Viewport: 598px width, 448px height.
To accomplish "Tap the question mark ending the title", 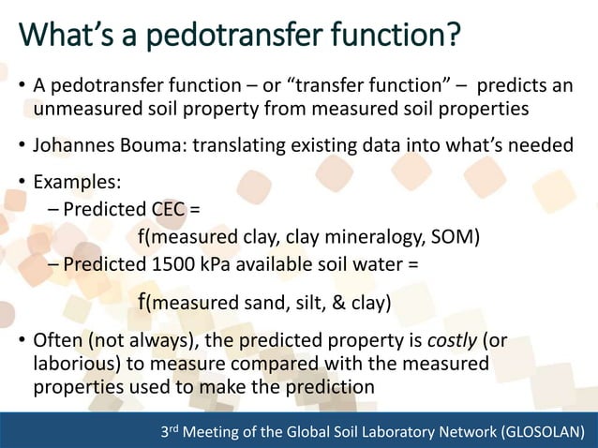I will tap(452, 37).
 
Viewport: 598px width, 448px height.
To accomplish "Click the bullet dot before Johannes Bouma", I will tap(22, 146).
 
